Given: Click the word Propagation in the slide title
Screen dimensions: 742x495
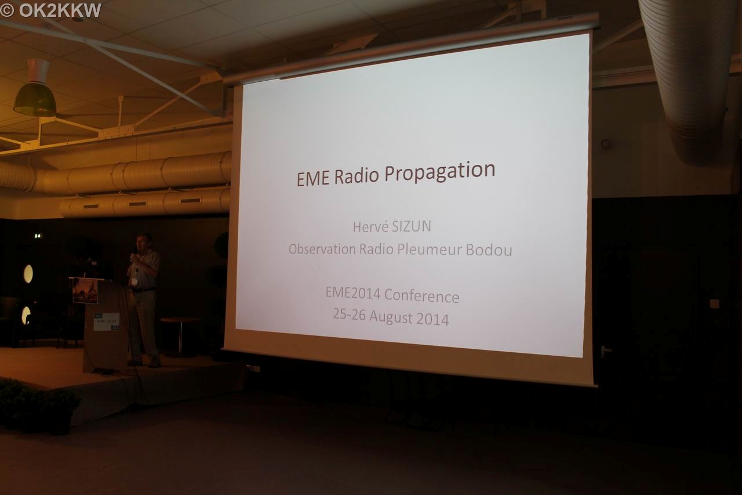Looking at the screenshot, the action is point(439,171).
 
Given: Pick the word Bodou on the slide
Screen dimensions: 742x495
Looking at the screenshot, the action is point(489,250).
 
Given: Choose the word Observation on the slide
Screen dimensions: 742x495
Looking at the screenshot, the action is point(322,248).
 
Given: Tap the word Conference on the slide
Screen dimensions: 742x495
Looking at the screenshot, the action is point(421,296).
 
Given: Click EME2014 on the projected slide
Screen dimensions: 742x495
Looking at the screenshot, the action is point(353,293).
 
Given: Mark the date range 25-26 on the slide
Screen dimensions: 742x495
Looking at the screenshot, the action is point(349,315).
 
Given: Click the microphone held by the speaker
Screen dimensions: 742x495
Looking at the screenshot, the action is point(132,257).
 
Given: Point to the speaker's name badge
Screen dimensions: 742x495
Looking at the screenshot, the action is point(134,281).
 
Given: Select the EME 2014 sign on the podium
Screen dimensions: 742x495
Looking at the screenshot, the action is point(106,321).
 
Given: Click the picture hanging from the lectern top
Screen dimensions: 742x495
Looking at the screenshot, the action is point(85,291).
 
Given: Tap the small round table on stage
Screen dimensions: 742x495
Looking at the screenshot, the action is point(180,335).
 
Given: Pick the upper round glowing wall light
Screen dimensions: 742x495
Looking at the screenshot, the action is point(28,274).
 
